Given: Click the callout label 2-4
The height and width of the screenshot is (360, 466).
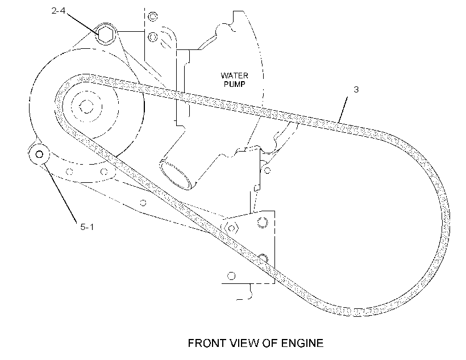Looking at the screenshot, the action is pos(58,11).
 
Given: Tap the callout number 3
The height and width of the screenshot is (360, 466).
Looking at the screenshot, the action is pos(356,89).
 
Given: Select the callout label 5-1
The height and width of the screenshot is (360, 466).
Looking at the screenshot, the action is pos(87,227).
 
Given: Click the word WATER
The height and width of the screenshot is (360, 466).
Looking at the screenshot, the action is pos(234,76).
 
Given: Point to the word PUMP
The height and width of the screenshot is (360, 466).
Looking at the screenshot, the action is pos(235,84).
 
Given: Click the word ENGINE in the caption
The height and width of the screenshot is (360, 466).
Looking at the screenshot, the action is pos(302,343).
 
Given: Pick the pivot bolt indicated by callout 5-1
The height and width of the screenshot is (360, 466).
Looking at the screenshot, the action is pos(39,154).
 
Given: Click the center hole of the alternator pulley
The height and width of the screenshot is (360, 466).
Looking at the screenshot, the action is pos(86,107).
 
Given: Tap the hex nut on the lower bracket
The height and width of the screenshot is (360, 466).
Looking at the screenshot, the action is pos(231,228).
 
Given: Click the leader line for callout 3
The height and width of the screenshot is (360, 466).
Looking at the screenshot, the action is pos(343,110).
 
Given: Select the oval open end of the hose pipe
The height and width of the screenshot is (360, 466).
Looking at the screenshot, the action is pos(176,174).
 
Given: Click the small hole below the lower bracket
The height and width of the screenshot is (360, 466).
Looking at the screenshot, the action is pos(231,276).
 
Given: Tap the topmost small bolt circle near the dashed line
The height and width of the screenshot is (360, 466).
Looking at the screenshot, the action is pos(153,16).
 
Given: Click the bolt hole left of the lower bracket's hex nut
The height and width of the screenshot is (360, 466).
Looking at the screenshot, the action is pos(143,203).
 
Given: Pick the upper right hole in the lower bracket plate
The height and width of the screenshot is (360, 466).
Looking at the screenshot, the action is pos(262,223).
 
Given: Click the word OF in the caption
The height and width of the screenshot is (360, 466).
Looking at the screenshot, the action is pos(270,343).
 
